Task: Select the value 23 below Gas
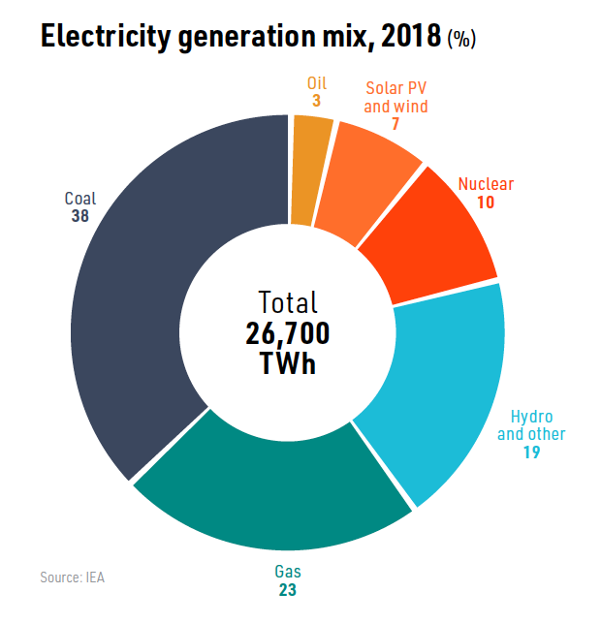click(x=288, y=588)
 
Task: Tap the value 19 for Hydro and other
click(x=530, y=452)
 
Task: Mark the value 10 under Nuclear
click(x=486, y=202)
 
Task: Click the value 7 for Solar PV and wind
click(x=395, y=124)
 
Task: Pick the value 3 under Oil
click(x=316, y=101)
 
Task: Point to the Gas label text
click(x=288, y=571)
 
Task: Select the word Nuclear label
click(x=486, y=184)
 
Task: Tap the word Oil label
click(x=316, y=84)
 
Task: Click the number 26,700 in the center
click(x=288, y=333)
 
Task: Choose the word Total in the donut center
click(x=288, y=302)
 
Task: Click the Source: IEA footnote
click(x=72, y=577)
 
